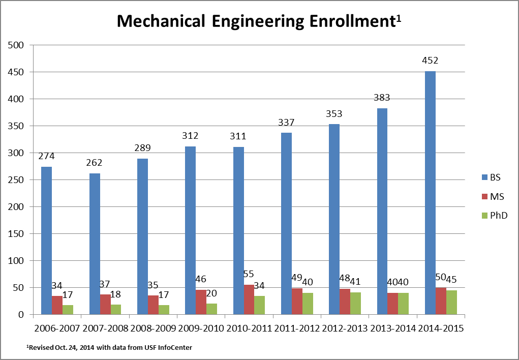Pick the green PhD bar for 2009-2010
211,309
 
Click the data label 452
430,61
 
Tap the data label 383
382,98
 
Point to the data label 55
249,274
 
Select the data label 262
95,163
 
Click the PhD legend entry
494,216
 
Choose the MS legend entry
492,196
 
